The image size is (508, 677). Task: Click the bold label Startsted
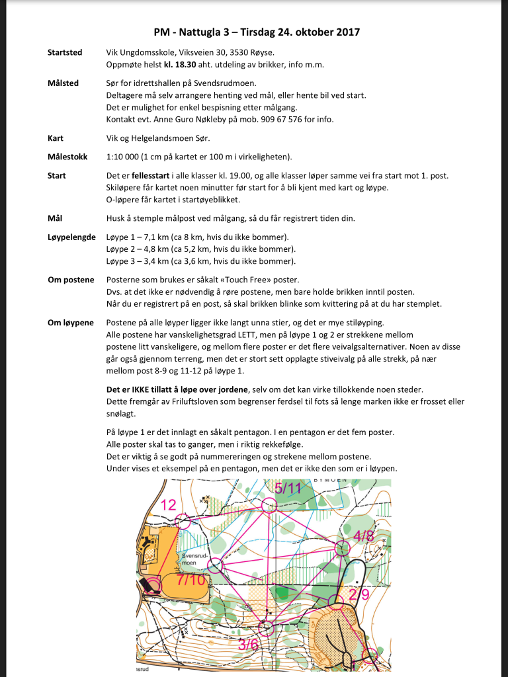coord(65,52)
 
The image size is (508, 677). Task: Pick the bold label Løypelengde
coord(71,236)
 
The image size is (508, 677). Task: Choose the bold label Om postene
coord(71,280)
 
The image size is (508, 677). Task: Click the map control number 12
coord(169,506)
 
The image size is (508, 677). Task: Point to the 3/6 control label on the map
coord(249,643)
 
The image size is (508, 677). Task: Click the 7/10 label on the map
coord(191,580)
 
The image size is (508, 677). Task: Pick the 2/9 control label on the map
coord(359,594)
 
